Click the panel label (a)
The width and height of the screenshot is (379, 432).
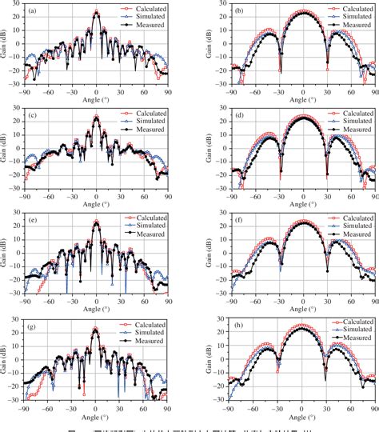[31, 12]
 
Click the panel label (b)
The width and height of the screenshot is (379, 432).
[238, 12]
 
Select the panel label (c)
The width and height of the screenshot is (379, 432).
[31, 118]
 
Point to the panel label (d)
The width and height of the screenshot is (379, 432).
[238, 118]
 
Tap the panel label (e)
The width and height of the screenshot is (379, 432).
[31, 225]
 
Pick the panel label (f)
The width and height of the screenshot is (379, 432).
[238, 225]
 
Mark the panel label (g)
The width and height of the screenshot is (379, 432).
[31, 331]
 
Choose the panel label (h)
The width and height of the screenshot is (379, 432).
[238, 331]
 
